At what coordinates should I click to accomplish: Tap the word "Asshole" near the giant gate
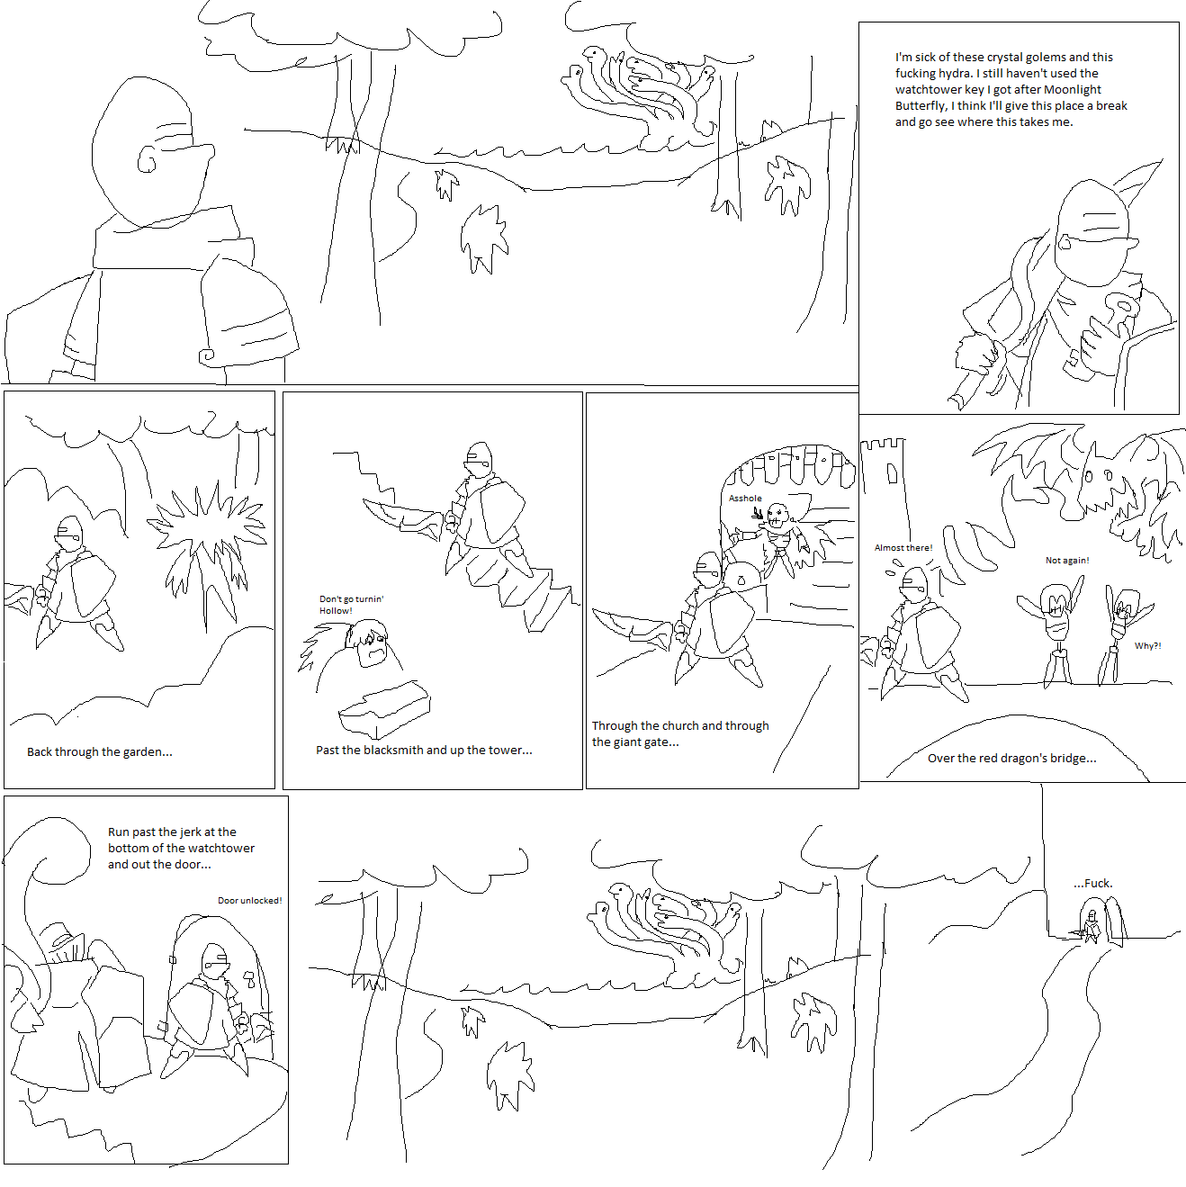point(745,498)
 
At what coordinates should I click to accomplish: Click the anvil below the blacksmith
point(384,708)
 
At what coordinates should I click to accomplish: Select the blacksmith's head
point(368,643)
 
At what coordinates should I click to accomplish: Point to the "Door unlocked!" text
point(249,900)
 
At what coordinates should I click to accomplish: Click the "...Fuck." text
point(1092,883)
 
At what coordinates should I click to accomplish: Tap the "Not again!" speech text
point(1067,560)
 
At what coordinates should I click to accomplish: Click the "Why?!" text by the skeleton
point(1148,645)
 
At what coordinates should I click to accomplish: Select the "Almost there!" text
point(903,547)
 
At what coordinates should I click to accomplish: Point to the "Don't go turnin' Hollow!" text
point(351,604)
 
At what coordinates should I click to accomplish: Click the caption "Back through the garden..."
point(99,751)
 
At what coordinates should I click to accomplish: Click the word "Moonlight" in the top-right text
point(1072,89)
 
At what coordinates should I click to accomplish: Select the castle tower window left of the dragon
point(892,473)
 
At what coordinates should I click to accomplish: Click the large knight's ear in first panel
point(147,159)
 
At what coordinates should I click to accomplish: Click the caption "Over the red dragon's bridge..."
point(1011,758)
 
